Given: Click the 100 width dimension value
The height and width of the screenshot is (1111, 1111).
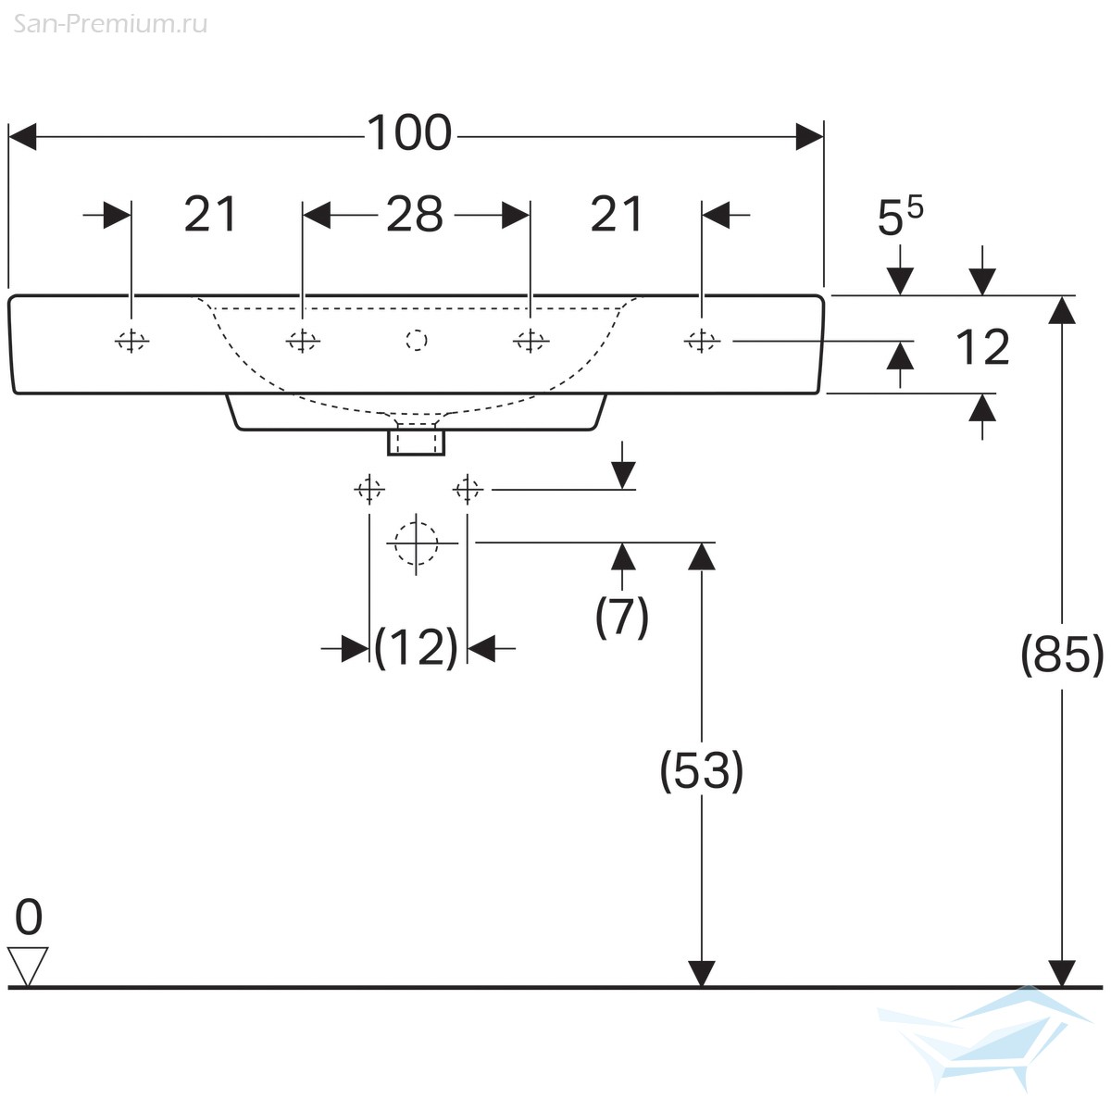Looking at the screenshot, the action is [x=409, y=133].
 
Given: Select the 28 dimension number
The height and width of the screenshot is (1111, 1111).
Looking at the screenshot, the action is [x=415, y=215].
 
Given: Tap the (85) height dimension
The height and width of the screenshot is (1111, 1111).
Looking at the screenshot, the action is [x=1062, y=655].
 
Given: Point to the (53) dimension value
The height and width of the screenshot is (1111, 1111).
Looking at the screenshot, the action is [x=701, y=771].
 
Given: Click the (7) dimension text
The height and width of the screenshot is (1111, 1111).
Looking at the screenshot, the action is [x=621, y=617].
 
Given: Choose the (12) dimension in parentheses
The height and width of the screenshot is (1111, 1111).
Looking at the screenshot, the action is [x=417, y=647].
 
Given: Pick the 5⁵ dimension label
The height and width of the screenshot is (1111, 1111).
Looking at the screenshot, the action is [x=900, y=216].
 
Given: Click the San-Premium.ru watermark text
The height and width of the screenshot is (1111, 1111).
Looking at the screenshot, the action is [x=110, y=24].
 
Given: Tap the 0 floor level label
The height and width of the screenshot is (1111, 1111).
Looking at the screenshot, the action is [x=29, y=917].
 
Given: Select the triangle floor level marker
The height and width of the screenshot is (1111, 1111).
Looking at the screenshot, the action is [x=28, y=967].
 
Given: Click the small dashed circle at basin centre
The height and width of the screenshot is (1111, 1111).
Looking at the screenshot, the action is [x=417, y=340].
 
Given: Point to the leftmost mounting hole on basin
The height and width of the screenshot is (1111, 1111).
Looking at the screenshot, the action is [x=131, y=342].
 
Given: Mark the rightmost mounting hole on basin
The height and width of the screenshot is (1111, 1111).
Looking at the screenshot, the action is [x=702, y=342].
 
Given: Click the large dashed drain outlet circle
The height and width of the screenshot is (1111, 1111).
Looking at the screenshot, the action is [x=417, y=543].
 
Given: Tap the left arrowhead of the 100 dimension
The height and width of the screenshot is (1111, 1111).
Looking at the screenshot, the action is [x=22, y=137].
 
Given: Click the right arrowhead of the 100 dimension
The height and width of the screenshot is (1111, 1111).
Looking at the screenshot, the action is [x=809, y=137].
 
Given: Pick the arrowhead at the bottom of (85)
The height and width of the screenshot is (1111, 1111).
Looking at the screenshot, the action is [x=1061, y=973].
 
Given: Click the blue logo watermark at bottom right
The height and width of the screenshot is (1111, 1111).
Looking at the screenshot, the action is [x=986, y=1038].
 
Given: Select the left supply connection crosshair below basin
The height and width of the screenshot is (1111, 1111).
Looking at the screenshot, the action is [x=369, y=490].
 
